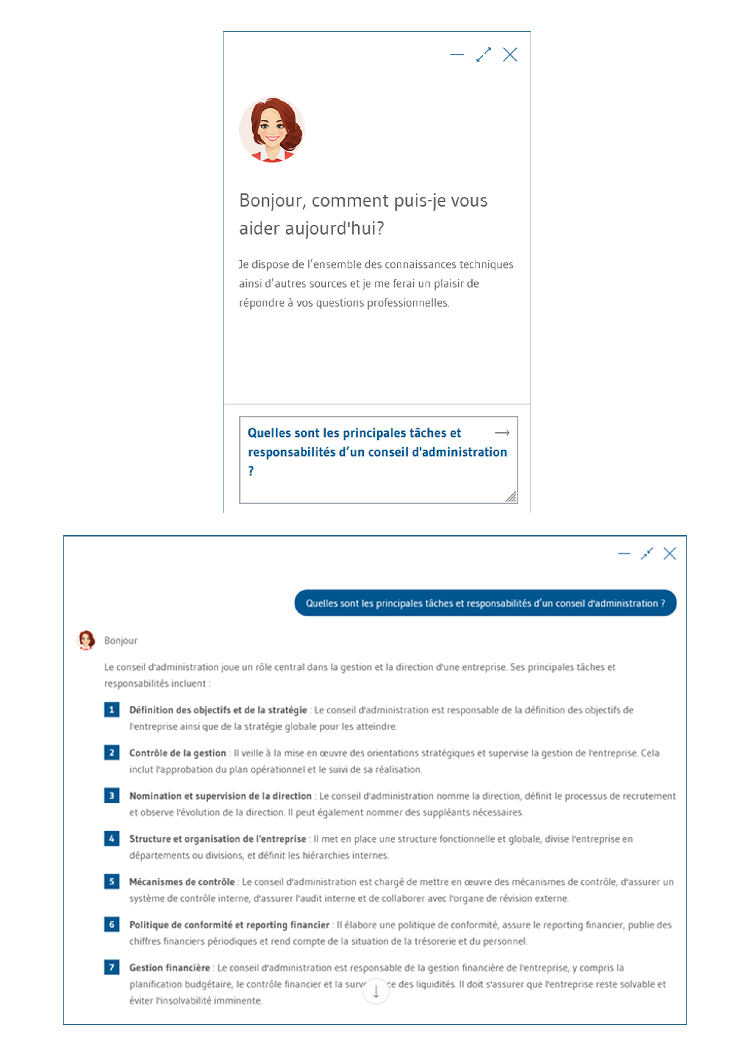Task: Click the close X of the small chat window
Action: coord(510,55)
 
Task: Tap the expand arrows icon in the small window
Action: coord(484,55)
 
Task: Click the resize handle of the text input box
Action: coord(511,497)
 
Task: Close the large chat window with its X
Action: coord(670,554)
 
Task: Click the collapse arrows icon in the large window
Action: coord(647,554)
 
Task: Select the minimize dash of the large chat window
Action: coord(624,554)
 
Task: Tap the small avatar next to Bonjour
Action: coord(86,640)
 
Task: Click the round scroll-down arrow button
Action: coord(376,991)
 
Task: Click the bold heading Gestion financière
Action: coord(170,968)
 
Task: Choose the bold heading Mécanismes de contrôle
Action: coord(182,881)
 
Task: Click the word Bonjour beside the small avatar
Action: coord(120,641)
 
